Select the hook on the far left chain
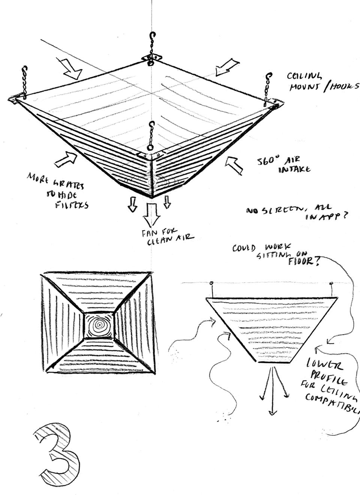pyautogui.click(x=25, y=71)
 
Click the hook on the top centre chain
pyautogui.click(x=151, y=36)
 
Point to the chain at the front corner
pyautogui.click(x=151, y=137)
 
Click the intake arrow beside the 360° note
pyautogui.click(x=235, y=165)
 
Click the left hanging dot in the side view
pyautogui.click(x=211, y=283)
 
